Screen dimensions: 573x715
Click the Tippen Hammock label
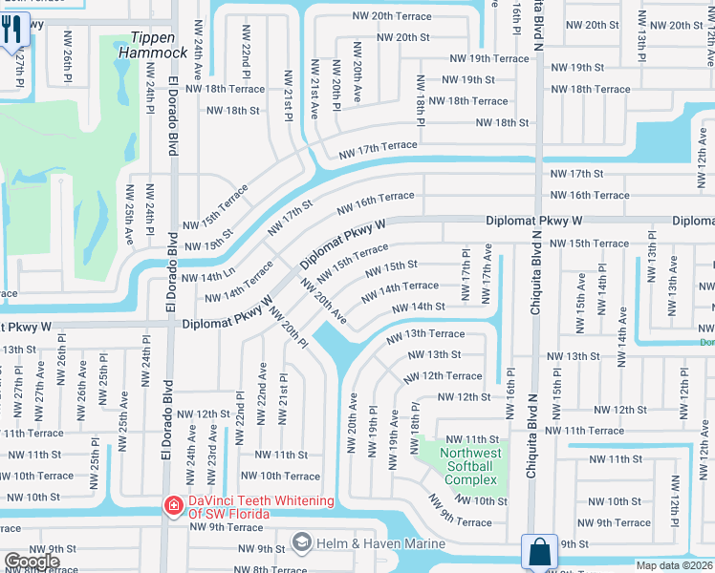[x=147, y=45]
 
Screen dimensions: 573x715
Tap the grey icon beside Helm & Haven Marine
[x=302, y=543]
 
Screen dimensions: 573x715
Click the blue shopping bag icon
[x=539, y=552]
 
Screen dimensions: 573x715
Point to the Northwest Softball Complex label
[x=470, y=467]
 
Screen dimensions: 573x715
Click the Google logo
[x=32, y=562]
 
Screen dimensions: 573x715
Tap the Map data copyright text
[x=675, y=565]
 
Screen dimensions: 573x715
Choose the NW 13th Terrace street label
[x=425, y=334]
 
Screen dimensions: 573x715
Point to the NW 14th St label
[x=418, y=307]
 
